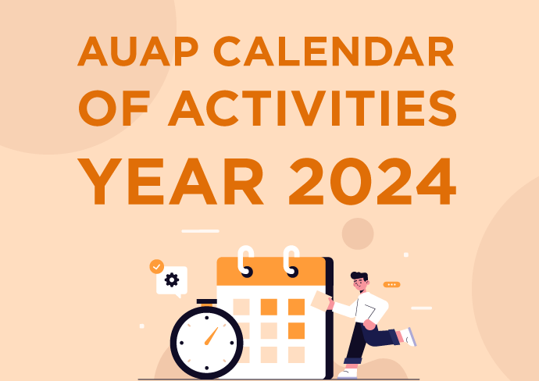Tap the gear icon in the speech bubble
point(172,280)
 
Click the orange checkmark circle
point(156,267)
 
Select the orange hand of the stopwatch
point(210,335)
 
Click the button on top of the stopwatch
point(206,302)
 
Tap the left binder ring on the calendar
point(246,261)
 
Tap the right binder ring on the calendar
point(291,261)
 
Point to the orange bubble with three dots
point(391,285)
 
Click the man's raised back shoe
point(408,336)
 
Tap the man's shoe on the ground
point(348,374)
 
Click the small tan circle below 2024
point(358,233)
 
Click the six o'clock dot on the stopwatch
point(206,366)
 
